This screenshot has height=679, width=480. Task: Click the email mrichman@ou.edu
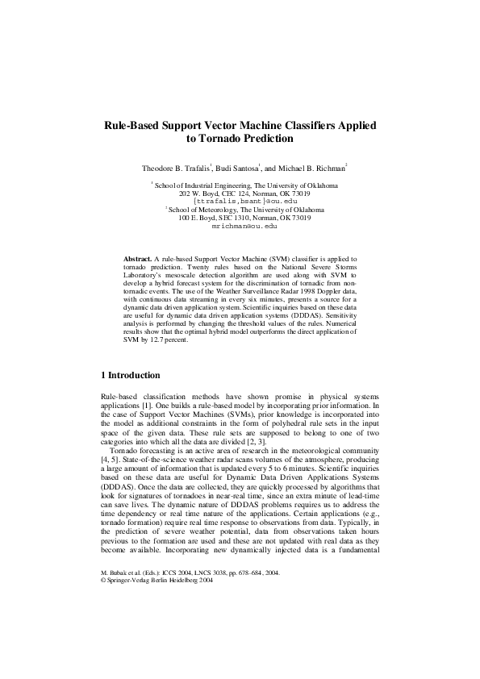[x=240, y=228]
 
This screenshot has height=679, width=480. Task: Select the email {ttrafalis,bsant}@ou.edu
[x=239, y=202]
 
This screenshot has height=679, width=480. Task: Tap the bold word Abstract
[x=136, y=257]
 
